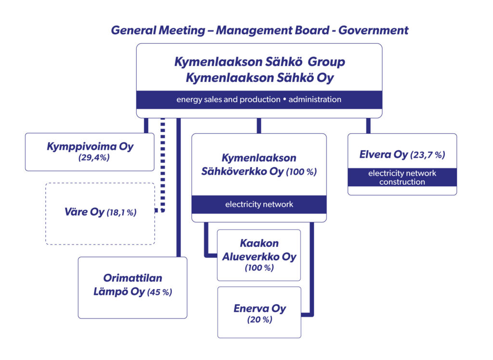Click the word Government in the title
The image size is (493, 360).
373,30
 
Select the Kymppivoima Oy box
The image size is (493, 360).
90,152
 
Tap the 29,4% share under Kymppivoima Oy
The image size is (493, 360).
94,156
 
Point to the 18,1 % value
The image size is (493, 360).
121,212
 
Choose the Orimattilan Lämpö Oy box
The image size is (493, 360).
132,287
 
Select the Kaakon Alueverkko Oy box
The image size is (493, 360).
259,255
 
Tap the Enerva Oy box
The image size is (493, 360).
259,312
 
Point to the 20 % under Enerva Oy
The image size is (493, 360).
259,320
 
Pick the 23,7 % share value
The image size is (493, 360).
428,155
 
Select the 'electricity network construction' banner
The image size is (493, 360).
402,178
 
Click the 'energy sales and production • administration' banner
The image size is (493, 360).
259,100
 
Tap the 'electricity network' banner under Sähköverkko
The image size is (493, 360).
259,205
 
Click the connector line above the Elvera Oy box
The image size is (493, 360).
368,126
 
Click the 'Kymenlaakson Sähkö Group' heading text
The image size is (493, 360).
259,62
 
